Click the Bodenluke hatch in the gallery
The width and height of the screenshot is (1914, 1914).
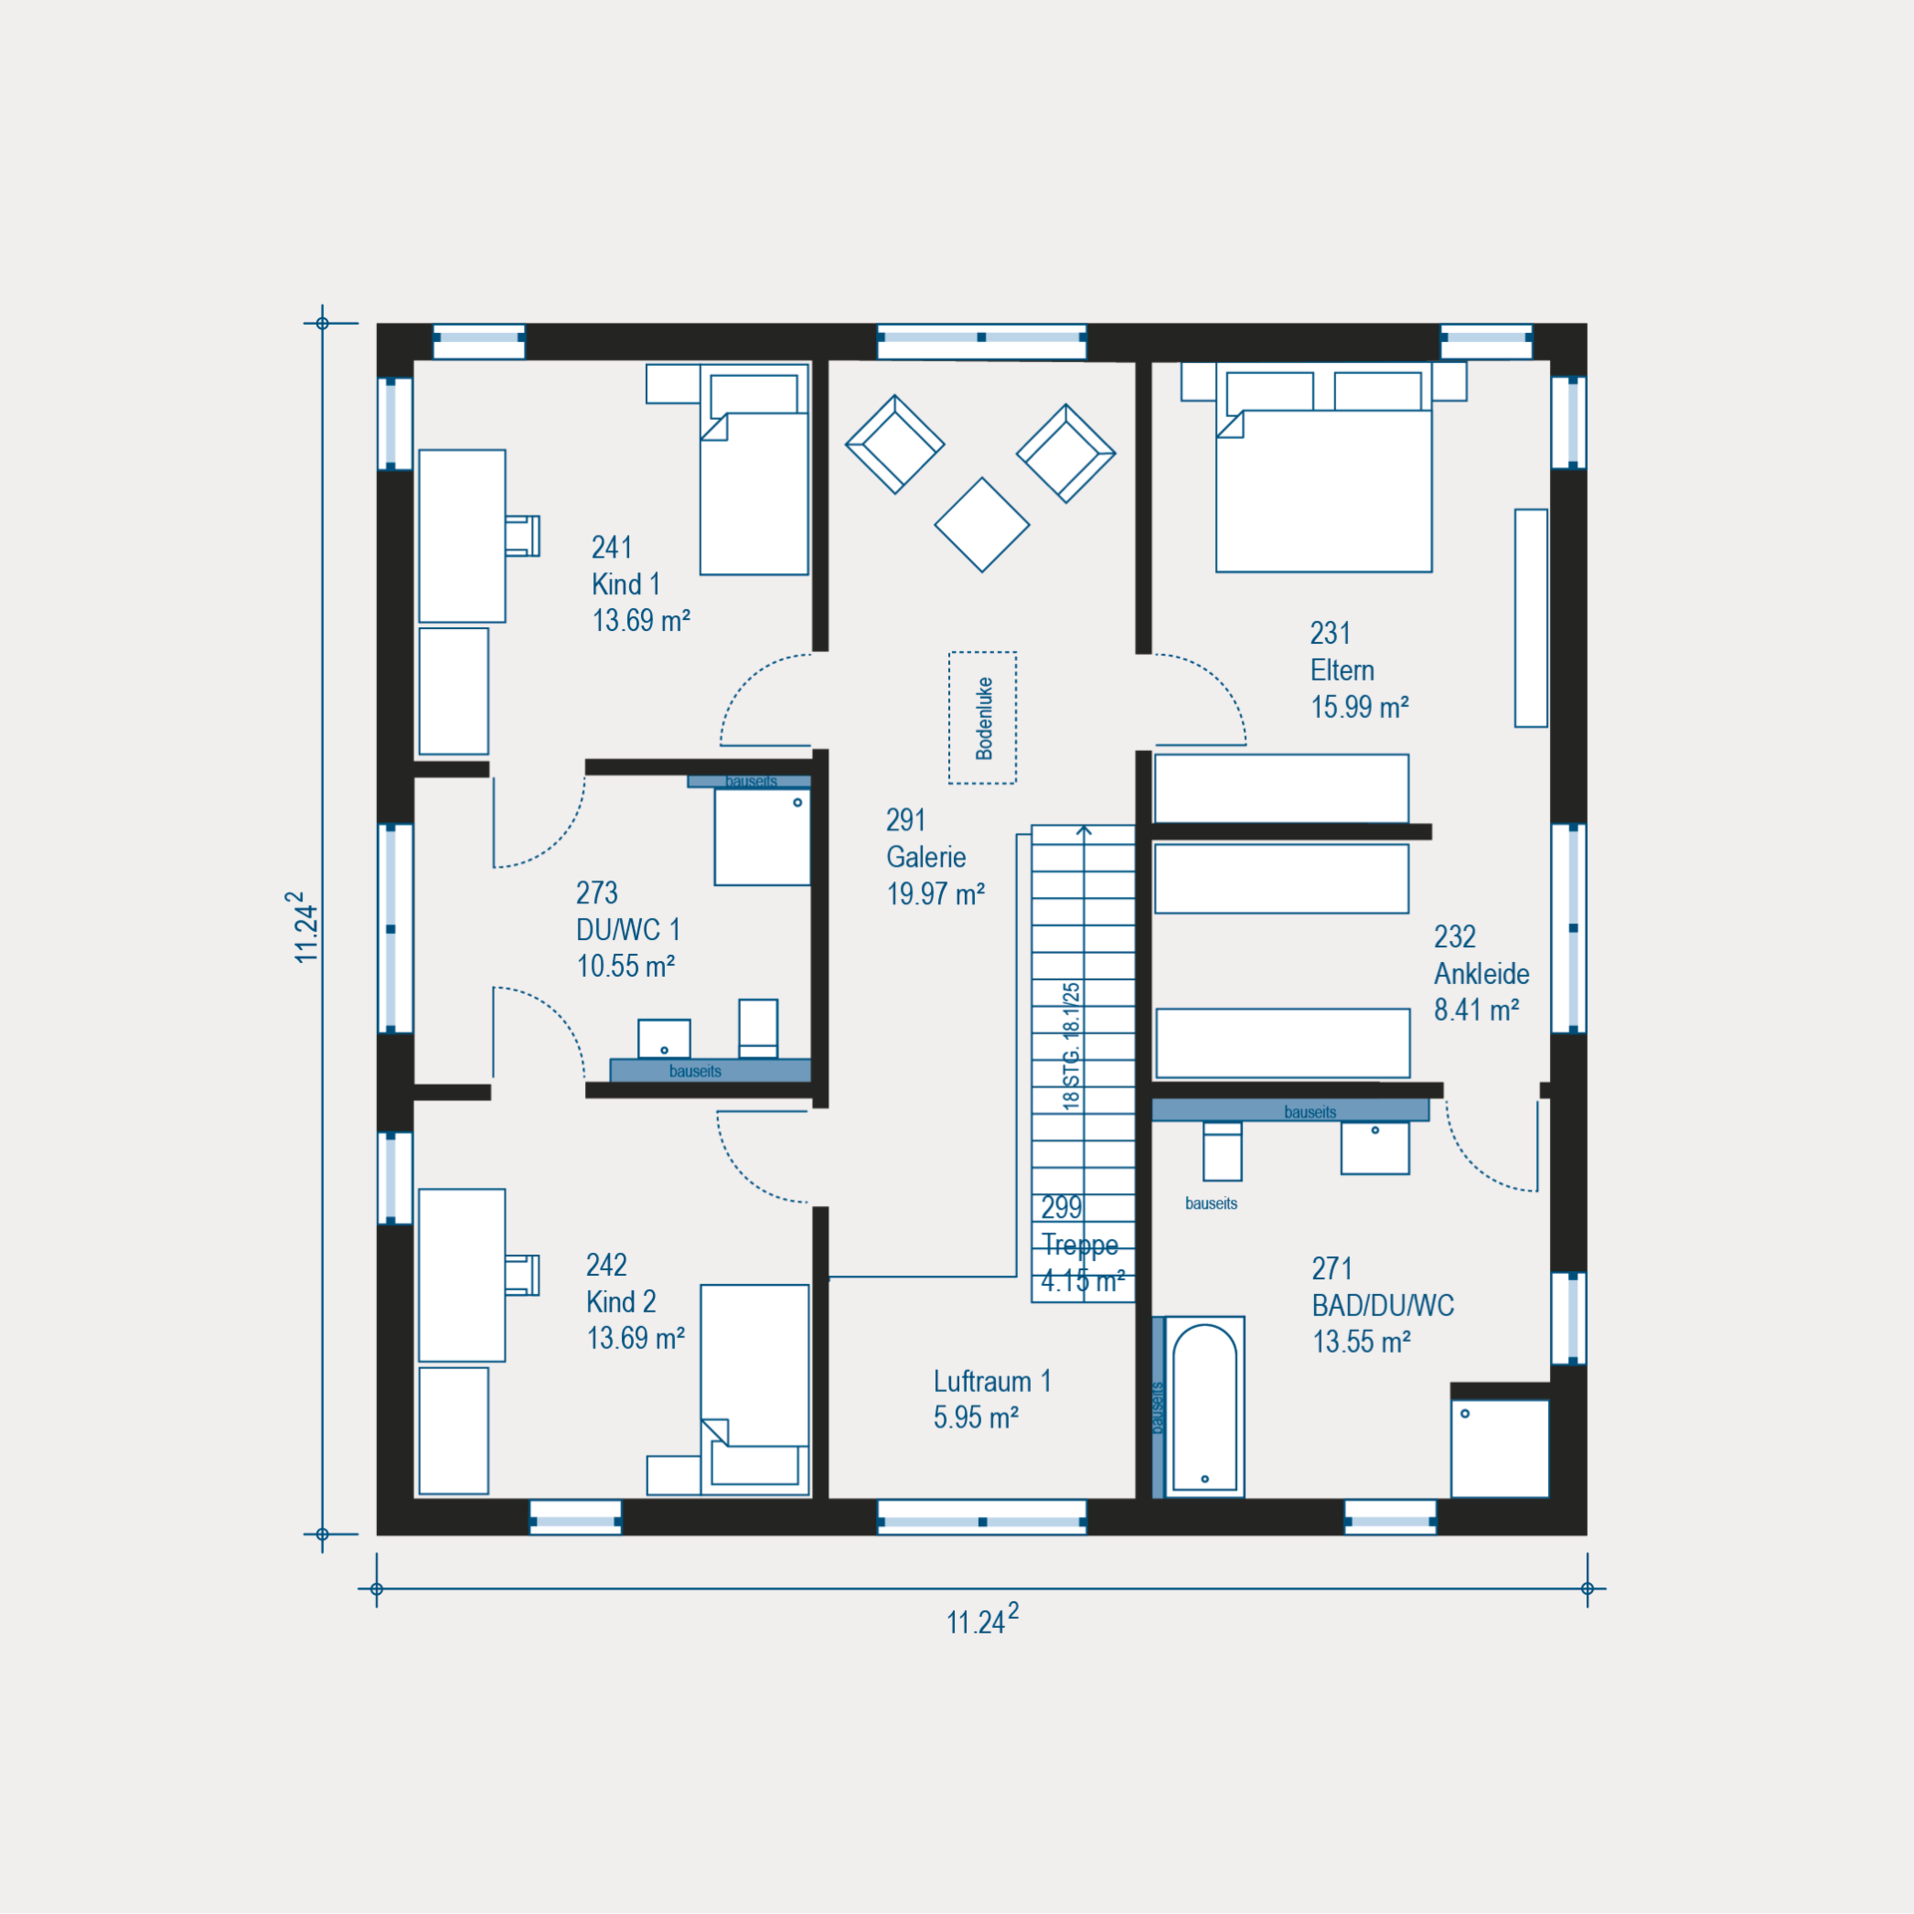982,718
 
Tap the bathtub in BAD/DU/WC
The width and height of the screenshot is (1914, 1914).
1204,1407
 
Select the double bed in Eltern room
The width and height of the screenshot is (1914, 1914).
1324,467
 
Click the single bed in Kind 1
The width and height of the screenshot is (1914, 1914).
754,470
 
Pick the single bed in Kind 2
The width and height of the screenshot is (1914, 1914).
755,1390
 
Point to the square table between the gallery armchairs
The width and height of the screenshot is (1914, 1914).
982,524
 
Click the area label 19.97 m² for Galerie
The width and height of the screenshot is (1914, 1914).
936,893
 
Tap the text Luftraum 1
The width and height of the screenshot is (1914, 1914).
992,1381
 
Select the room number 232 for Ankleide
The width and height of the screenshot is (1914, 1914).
1454,936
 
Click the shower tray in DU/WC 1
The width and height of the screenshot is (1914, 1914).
763,837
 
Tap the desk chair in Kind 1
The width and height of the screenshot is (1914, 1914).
521,535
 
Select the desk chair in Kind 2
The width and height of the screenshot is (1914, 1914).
521,1275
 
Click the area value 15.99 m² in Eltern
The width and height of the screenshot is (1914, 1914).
1360,707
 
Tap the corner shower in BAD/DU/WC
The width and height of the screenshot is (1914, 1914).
1500,1448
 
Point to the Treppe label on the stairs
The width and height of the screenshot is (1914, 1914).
1080,1244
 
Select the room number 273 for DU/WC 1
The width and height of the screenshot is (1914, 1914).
597,892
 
